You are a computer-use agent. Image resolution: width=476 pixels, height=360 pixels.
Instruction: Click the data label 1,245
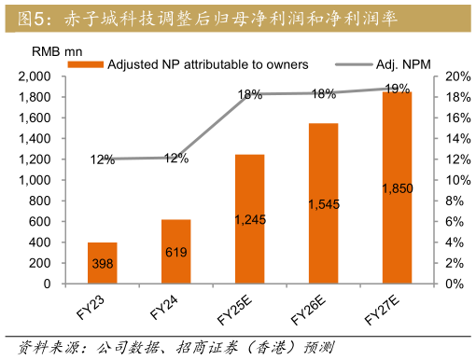[x=250, y=220]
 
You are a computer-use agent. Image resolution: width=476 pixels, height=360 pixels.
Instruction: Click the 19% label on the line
[x=396, y=89]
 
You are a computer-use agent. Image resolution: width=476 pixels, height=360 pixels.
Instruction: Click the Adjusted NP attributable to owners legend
[x=196, y=64]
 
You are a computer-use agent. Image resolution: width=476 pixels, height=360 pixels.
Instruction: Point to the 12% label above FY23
[x=102, y=159]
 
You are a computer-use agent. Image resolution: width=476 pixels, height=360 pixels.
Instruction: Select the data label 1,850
[x=398, y=188]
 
